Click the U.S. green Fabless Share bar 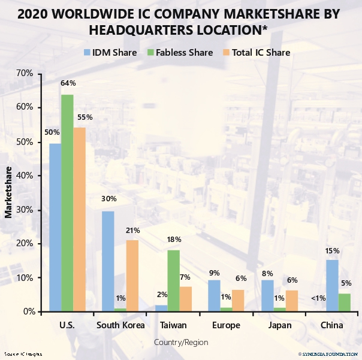[x=67, y=203]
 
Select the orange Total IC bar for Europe [x=238, y=301]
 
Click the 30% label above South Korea [x=108, y=199]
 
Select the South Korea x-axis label [x=120, y=326]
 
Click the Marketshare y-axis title [x=8, y=193]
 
